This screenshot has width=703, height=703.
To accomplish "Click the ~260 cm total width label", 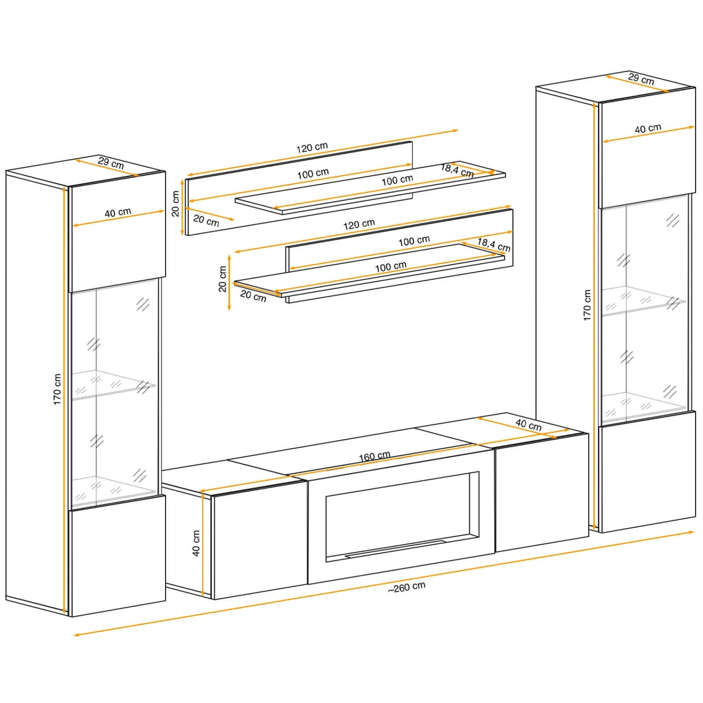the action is pos(406,587).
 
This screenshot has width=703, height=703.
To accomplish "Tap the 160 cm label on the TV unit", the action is pos(374,457).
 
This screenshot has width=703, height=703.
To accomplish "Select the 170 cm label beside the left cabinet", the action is pos(57,389).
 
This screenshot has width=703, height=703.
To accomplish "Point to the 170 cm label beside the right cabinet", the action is pos(587,305).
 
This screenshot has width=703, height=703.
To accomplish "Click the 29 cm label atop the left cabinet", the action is pos(111,163).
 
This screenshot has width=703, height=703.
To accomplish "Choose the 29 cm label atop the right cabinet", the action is pos(641,79).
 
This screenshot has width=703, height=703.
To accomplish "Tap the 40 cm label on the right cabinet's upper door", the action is pos(648,128).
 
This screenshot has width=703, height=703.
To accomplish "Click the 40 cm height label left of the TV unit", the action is pos(196,543).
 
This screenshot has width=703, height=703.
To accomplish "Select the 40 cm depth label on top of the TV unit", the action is pos(529,424).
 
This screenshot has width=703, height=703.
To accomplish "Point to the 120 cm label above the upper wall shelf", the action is pos(312,147).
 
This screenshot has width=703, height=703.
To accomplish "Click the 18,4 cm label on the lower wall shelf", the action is pos(494,245).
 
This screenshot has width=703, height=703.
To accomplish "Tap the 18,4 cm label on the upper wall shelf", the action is pos(457,170).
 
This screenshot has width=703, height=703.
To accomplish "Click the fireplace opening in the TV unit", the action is pos(402,517).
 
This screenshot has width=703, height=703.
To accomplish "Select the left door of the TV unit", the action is pos(259,540).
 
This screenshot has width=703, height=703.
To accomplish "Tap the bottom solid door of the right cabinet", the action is pos(648,471).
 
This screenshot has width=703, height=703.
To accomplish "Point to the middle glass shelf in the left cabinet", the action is pos(113,385).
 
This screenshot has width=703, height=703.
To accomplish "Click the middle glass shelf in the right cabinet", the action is pos(643,301).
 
